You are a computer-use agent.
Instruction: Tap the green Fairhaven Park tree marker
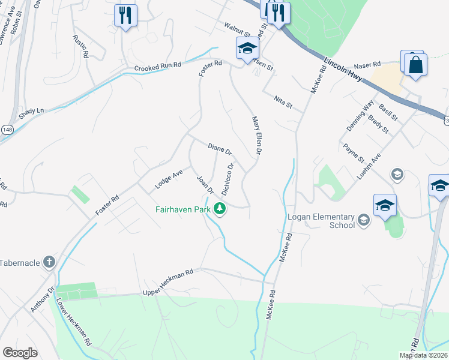coord(220,209)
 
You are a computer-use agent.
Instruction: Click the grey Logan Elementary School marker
coord(363,221)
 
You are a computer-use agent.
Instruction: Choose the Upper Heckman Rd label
coord(167,282)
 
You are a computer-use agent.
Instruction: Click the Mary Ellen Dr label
coord(256,136)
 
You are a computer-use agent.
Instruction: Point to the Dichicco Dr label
coord(228,180)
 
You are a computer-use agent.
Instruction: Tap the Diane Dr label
coord(219,149)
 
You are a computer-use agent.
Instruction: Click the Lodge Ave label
coord(169,179)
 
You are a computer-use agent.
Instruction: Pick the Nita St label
coord(283,102)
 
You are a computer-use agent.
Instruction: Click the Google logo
coord(20,352)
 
